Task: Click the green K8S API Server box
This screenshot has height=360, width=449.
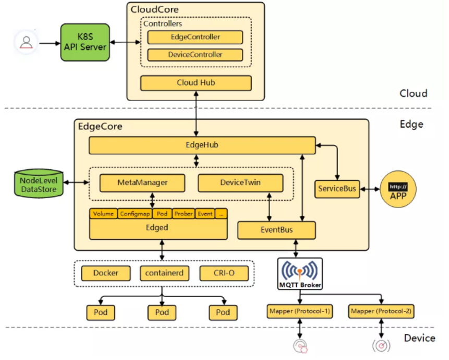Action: pyautogui.click(x=85, y=43)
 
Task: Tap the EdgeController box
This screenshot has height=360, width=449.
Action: pyautogui.click(x=195, y=37)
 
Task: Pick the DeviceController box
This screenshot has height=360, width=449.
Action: pyautogui.click(x=195, y=55)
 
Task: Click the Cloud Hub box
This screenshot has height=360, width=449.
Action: pyautogui.click(x=196, y=83)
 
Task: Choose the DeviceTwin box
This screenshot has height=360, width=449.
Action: pyautogui.click(x=240, y=183)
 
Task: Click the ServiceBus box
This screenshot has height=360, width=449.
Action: pyautogui.click(x=337, y=189)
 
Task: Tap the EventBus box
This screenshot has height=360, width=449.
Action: pyautogui.click(x=276, y=230)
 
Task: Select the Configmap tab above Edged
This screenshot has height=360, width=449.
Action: pyautogui.click(x=134, y=214)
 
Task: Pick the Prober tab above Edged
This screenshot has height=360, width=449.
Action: pyautogui.click(x=184, y=214)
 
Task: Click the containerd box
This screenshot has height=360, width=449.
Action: pyautogui.click(x=162, y=273)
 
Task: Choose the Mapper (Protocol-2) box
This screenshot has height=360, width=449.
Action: pyautogui.click(x=382, y=312)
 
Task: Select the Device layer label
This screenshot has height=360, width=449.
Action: pyautogui.click(x=419, y=338)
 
